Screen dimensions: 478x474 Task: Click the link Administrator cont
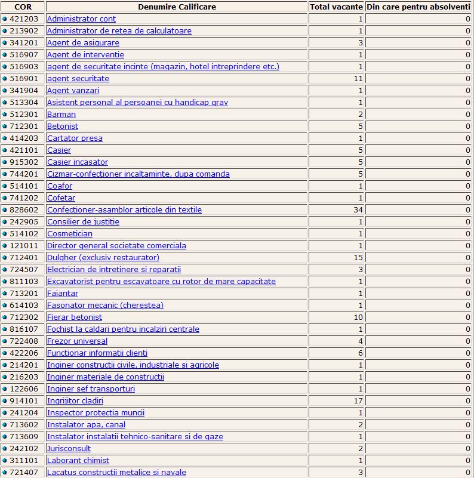[81, 19]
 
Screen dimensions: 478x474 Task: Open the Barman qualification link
[61, 115]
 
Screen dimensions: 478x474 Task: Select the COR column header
[23, 7]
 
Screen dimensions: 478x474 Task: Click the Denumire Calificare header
[177, 7]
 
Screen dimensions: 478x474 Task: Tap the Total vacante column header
[336, 7]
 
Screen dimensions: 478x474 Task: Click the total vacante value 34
[358, 210]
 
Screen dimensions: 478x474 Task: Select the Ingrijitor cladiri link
[75, 401]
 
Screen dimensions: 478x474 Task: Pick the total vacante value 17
[358, 401]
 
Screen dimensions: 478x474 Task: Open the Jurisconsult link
[69, 449]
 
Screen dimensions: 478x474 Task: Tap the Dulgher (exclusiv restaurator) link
[103, 258]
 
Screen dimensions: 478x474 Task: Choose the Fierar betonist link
[75, 317]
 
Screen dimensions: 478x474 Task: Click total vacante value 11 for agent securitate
[358, 79]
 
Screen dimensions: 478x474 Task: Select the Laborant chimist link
[78, 461]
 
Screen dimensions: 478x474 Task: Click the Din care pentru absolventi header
[419, 7]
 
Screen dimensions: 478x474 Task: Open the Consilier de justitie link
[83, 222]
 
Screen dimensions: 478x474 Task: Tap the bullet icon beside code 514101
[5, 186]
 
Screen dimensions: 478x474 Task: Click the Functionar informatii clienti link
[97, 353]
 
